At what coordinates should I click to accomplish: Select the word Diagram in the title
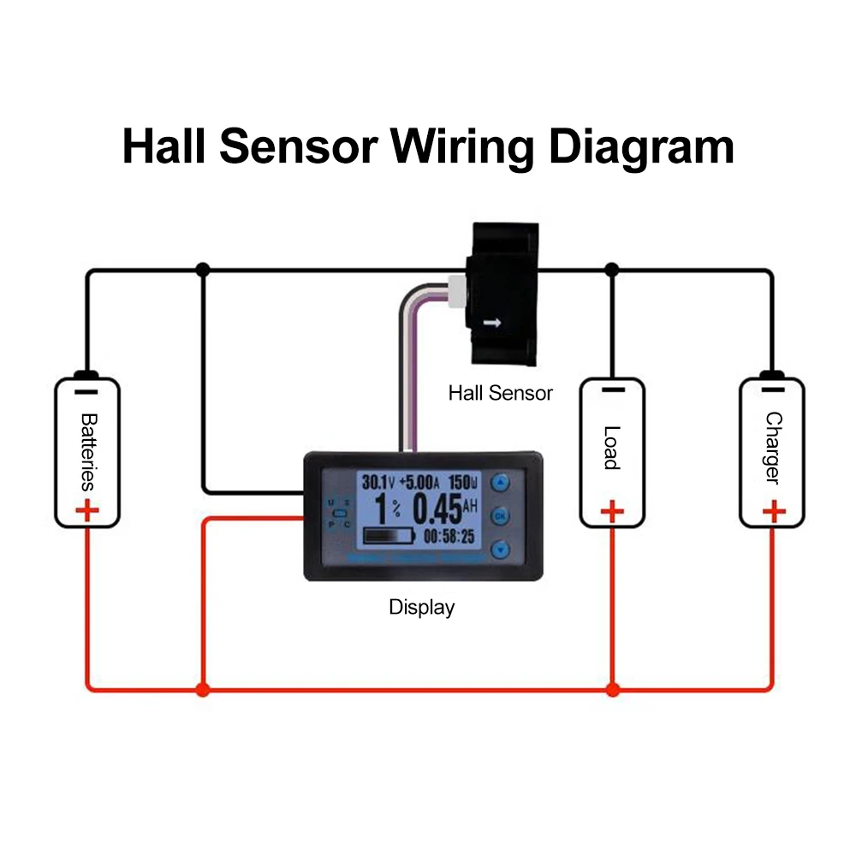640,147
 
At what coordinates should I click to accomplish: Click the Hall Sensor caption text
500,394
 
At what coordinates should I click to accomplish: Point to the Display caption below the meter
421,608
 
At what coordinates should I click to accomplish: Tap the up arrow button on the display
500,483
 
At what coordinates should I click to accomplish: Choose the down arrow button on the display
500,550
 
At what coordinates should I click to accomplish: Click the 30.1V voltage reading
377,481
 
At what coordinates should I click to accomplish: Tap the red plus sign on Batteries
86,513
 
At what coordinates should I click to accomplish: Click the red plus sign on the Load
611,512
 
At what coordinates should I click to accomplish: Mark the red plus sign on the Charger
773,512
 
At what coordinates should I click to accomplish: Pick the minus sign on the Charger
773,390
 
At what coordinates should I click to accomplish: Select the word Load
611,448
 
